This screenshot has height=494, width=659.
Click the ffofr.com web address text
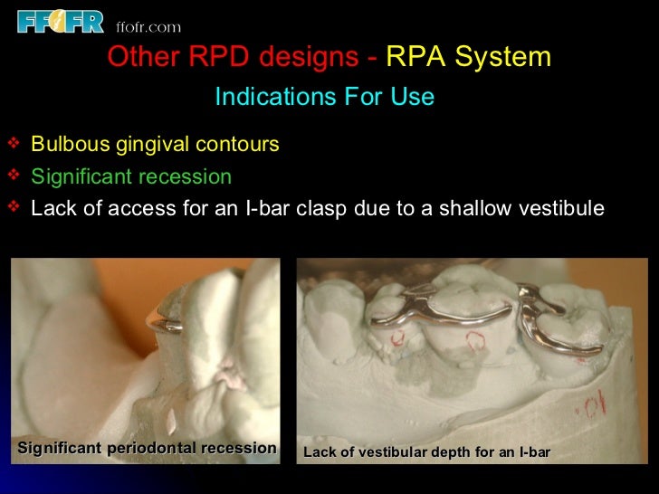click(x=149, y=26)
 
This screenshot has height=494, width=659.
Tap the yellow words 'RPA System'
click(x=468, y=58)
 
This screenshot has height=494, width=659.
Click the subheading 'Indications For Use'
click(x=324, y=97)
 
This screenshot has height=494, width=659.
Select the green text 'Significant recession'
click(x=131, y=176)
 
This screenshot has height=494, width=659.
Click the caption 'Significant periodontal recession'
click(x=147, y=449)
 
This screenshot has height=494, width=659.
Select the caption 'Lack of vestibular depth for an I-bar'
click(x=426, y=451)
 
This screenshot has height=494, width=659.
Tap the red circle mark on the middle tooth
click(x=474, y=340)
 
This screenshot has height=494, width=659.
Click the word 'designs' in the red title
click(x=310, y=58)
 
